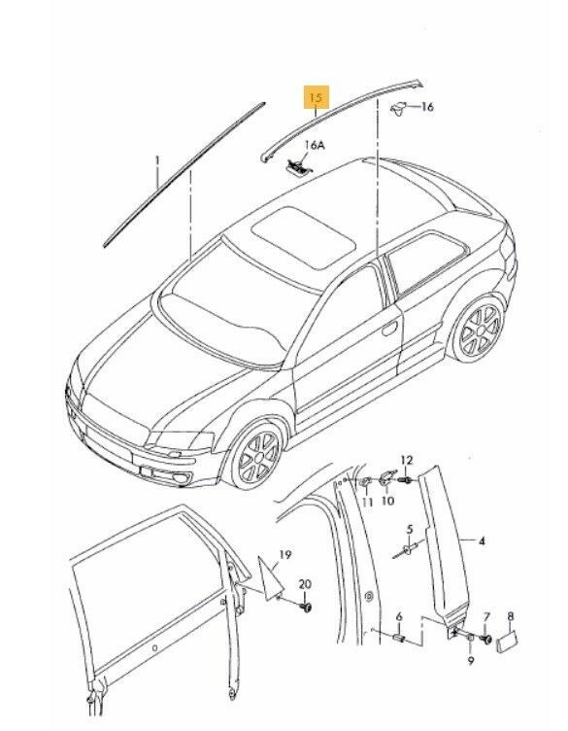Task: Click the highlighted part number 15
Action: (316, 98)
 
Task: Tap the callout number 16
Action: (426, 108)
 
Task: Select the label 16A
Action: (313, 146)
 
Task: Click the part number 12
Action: (406, 460)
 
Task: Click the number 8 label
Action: (512, 616)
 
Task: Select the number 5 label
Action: (410, 530)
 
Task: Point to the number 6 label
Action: (397, 615)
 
